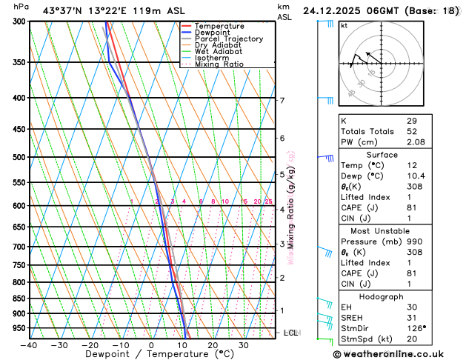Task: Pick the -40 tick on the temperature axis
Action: (29, 345)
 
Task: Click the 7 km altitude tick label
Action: (282, 100)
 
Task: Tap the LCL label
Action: (291, 333)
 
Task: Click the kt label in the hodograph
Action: (344, 26)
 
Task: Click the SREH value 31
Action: (411, 318)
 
